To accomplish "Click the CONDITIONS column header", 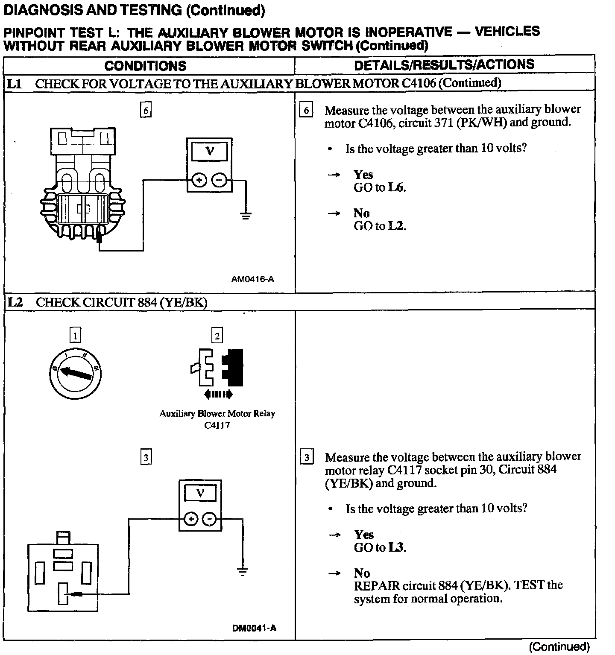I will point(145,66).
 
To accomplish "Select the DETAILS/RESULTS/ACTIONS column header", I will point(444,64).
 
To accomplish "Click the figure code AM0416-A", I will point(252,279).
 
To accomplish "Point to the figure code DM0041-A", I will point(254,628).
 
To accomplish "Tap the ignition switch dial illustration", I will point(75,373).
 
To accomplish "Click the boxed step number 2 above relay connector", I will point(217,336).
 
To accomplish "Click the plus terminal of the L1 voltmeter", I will point(199,180).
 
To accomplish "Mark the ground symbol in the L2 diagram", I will point(243,571).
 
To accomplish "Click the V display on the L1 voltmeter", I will point(209,151).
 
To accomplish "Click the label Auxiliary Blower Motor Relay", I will point(217,413).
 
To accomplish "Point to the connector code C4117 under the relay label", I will point(217,425).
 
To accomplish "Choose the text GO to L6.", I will point(380,187).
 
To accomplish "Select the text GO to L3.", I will point(380,547).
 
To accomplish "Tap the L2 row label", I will point(15,302).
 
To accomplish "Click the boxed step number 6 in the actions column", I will point(306,111).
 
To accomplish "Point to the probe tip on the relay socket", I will point(77,594).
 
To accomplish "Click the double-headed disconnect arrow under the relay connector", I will point(218,394).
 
